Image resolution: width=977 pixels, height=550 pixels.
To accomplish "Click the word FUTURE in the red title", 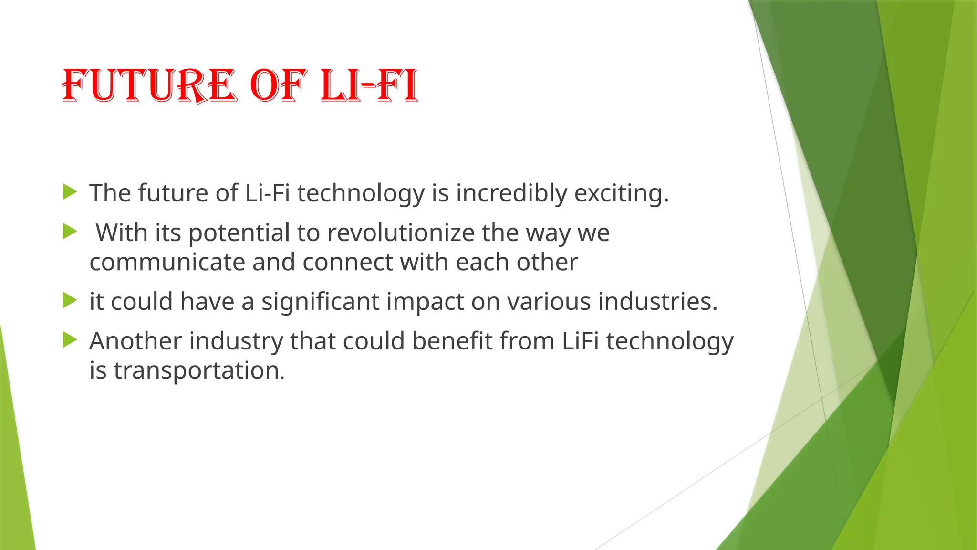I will point(149,86).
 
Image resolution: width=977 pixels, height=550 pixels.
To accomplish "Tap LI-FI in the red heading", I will point(369,86).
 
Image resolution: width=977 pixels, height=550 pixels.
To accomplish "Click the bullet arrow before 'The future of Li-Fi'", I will point(70,192).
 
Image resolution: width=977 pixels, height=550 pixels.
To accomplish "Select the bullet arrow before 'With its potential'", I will point(70,232).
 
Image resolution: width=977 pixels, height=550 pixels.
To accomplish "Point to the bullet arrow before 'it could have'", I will point(70,301).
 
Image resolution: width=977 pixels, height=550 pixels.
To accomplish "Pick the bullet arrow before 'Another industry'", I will point(70,340).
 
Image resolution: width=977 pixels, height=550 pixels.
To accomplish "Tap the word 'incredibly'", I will point(511,193).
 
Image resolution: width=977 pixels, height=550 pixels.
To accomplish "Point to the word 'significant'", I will point(320,302).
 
